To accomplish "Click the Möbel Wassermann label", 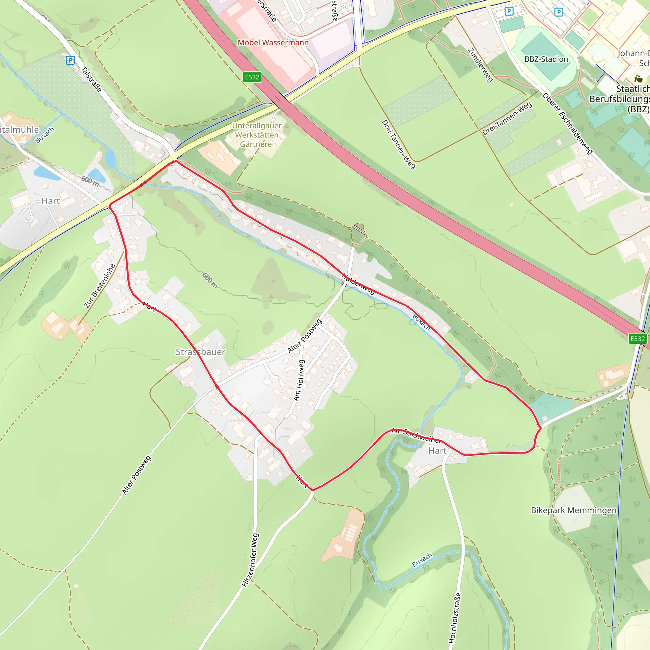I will [x=273, y=43].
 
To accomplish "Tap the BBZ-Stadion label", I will [x=546, y=59].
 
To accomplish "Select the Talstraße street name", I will [x=91, y=79].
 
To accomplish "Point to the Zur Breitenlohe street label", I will [x=100, y=286].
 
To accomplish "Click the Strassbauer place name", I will [x=201, y=352].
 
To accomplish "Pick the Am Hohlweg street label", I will [x=299, y=380].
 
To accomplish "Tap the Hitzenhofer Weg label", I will [x=250, y=560].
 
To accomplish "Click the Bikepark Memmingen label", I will [x=574, y=510].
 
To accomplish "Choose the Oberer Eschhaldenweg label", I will [x=567, y=123].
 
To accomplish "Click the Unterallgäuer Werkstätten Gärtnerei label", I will [x=257, y=135].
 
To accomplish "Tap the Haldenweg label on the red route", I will [x=358, y=284].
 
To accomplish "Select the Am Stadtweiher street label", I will [x=416, y=436].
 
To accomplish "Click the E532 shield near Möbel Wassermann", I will [x=252, y=77].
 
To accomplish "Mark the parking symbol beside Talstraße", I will [x=70, y=61].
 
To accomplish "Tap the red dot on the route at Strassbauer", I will [x=217, y=387].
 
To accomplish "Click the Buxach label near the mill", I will [x=45, y=135].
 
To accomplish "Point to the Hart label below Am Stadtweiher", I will [x=437, y=450].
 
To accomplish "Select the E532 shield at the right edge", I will [x=637, y=339].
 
